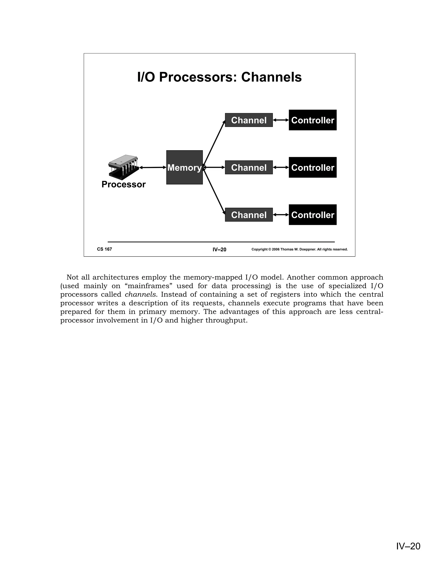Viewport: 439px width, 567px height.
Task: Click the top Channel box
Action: tap(249, 120)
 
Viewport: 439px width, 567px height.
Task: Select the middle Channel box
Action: tap(249, 168)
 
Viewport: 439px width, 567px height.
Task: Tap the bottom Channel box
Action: tap(249, 215)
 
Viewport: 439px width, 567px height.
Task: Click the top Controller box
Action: tap(312, 120)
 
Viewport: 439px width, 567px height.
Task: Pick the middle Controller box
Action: tap(312, 168)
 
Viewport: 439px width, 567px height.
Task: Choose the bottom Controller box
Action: tap(312, 215)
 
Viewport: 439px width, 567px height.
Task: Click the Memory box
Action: tap(184, 168)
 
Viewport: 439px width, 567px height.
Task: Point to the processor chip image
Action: tap(123, 167)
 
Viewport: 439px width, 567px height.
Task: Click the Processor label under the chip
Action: tap(123, 184)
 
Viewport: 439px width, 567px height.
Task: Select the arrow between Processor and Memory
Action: tap(153, 168)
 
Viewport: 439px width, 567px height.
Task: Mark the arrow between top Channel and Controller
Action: tap(281, 120)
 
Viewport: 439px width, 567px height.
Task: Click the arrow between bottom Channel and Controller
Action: tap(281, 215)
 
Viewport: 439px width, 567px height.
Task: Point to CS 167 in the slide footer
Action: tap(104, 249)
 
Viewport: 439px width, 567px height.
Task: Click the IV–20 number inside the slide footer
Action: tap(219, 249)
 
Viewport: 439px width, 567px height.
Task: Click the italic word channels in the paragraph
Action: tap(140, 295)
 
